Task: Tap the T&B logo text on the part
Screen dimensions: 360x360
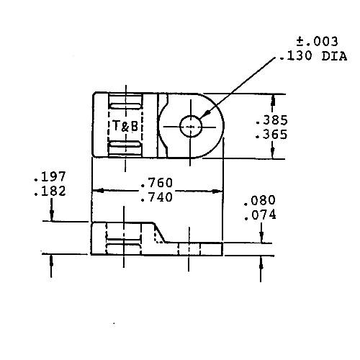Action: pos(125,125)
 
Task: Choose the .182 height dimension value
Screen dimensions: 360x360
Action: pos(49,191)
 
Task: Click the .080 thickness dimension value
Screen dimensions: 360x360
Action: pos(260,201)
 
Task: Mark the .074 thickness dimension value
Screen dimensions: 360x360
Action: pos(260,215)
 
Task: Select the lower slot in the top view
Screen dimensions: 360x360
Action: pos(126,148)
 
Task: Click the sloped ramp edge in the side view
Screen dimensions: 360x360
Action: pos(162,233)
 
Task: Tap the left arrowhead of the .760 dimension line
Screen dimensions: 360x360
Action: pos(96,191)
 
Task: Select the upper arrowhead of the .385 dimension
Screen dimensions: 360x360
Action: pos(272,98)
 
